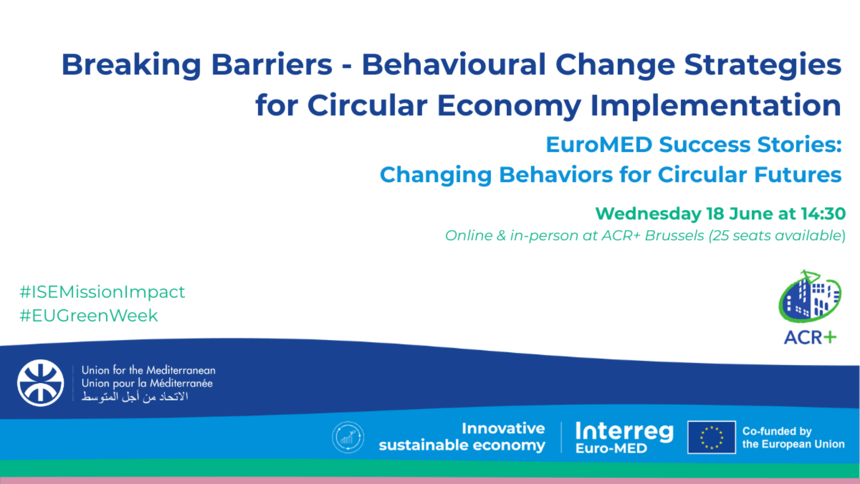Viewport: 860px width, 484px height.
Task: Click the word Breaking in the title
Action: (132, 65)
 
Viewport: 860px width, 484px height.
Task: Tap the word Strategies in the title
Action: (762, 65)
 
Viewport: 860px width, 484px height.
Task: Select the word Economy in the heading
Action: (509, 106)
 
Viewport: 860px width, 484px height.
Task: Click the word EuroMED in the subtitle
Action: (599, 145)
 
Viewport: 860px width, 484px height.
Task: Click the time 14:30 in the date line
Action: (823, 214)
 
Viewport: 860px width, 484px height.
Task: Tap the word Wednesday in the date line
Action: (648, 214)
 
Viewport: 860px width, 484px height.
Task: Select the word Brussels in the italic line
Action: (674, 236)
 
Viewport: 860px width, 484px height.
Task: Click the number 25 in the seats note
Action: (720, 236)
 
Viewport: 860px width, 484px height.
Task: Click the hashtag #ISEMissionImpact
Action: (102, 292)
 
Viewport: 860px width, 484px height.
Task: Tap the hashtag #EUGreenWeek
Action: (89, 316)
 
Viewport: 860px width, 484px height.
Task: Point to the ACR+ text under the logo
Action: (810, 338)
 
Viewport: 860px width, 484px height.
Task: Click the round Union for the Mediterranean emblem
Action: (40, 383)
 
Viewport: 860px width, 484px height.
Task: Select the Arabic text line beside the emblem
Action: (135, 396)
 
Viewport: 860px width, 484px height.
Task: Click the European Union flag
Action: (712, 437)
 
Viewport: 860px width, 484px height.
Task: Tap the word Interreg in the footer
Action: (624, 431)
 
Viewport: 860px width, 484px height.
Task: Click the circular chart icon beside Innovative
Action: (348, 437)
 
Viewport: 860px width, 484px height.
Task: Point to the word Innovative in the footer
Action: (503, 429)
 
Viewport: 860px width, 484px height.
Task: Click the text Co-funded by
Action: (777, 431)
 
